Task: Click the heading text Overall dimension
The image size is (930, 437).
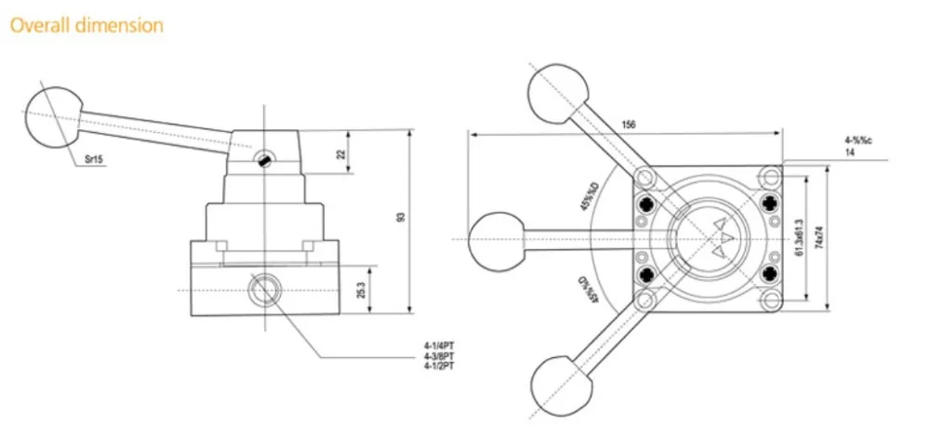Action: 86,25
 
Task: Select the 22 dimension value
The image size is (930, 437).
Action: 340,153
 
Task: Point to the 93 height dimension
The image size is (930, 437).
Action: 401,218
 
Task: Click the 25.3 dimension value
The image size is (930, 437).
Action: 361,290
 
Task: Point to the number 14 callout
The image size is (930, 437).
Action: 849,152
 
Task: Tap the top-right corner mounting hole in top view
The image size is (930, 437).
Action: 768,176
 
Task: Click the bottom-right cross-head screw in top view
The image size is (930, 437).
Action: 768,273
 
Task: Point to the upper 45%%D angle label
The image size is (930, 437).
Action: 589,192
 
